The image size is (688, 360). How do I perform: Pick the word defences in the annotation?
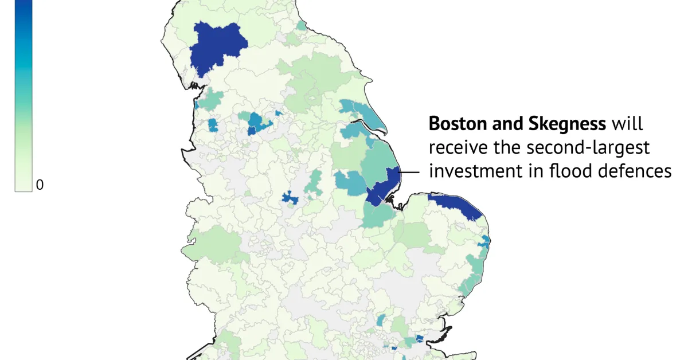point(637,170)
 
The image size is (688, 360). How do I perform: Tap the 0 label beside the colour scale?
point(40,185)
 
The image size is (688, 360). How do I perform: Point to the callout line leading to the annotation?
point(409,172)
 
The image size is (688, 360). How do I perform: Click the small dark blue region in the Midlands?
point(290,198)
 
